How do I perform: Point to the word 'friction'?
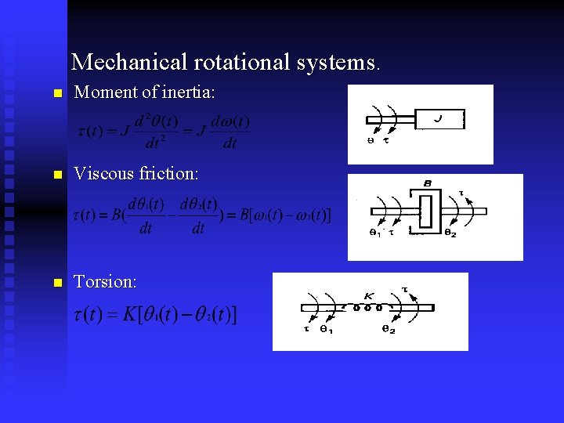click(167, 174)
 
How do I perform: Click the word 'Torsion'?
click(104, 281)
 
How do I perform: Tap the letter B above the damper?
click(428, 184)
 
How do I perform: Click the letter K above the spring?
click(368, 296)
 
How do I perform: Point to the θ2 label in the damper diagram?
click(450, 233)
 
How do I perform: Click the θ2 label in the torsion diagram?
click(389, 330)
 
